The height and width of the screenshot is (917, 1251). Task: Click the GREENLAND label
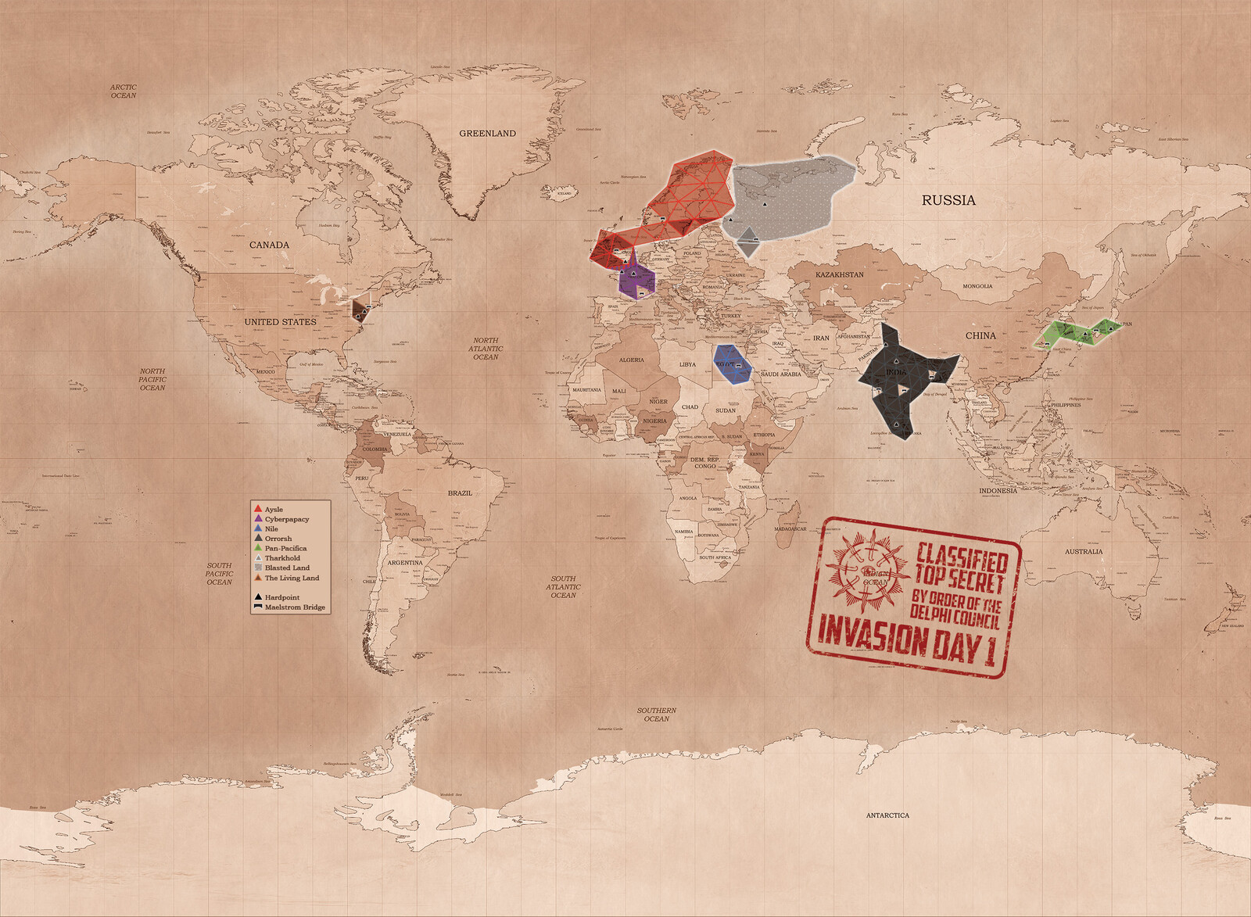click(x=487, y=134)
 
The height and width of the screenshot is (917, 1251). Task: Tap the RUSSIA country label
click(x=948, y=200)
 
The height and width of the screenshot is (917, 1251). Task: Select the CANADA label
click(x=269, y=245)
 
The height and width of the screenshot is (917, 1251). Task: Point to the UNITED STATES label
click(x=280, y=322)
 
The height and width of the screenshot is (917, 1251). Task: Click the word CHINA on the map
click(x=980, y=335)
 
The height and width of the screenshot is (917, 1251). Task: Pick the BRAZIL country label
click(x=460, y=493)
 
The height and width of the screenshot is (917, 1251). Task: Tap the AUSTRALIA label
click(x=1084, y=552)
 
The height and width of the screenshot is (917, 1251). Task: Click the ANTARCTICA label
click(x=887, y=815)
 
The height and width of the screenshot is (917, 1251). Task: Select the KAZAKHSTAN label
click(x=840, y=275)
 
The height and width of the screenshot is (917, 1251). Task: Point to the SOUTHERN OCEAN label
click(x=657, y=715)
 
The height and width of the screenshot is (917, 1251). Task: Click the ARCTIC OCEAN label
click(x=123, y=91)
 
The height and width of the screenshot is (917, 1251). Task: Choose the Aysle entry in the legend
click(x=273, y=510)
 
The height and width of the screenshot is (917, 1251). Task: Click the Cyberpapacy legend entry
click(x=286, y=519)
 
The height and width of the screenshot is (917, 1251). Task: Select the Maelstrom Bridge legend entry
click(x=294, y=607)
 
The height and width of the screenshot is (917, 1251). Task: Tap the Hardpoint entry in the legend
click(x=281, y=597)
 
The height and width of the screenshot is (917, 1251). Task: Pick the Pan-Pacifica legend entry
click(x=285, y=549)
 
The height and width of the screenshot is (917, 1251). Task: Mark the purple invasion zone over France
click(x=637, y=279)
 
